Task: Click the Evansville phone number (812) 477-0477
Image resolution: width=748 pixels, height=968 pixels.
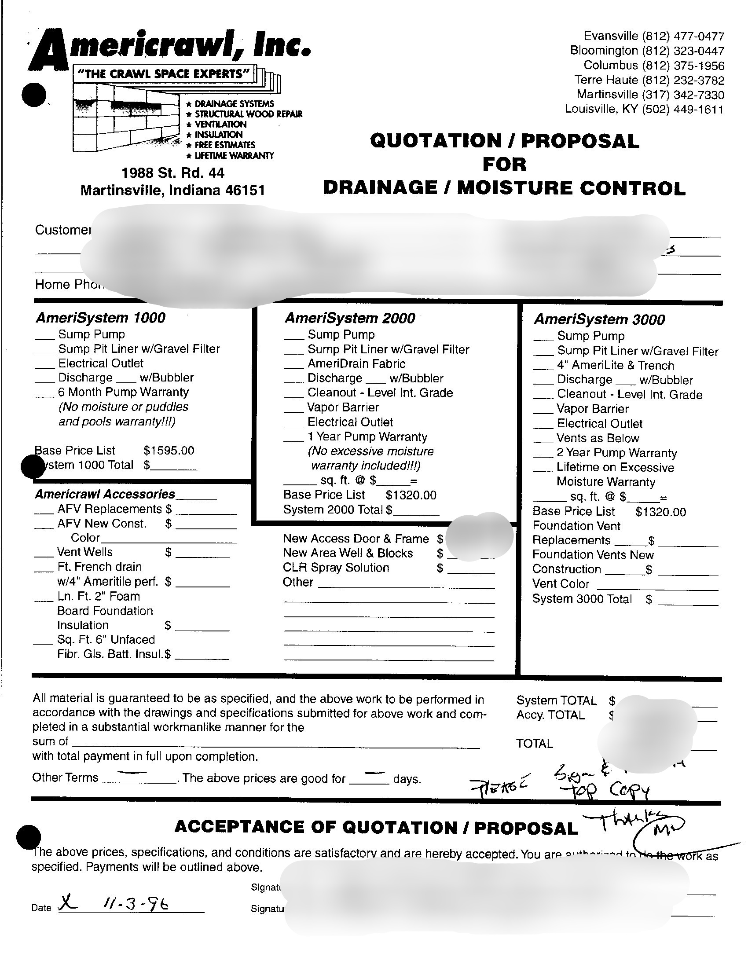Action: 683,36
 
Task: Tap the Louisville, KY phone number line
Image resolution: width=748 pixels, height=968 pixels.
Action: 644,109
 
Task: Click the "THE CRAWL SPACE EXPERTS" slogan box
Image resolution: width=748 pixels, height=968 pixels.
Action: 164,73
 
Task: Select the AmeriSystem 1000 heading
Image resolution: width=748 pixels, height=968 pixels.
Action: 101,318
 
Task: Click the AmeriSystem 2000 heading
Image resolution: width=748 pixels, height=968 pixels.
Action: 350,318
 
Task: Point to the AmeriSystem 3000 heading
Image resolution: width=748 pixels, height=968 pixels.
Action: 599,319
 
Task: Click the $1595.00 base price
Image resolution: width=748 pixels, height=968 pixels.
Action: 169,451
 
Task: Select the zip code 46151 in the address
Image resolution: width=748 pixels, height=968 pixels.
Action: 245,191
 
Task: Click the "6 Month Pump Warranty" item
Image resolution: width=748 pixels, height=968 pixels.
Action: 123,392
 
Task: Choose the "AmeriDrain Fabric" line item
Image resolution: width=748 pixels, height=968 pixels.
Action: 356,364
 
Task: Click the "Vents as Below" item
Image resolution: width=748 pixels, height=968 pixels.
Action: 598,438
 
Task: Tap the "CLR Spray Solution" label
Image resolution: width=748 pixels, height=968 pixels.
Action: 336,568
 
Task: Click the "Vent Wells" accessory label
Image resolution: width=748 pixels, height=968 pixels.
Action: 84,552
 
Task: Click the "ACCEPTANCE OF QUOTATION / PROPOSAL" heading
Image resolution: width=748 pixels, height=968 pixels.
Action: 376,827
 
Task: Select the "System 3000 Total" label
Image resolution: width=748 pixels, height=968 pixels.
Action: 582,599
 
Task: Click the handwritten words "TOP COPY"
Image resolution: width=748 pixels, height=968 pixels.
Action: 605,791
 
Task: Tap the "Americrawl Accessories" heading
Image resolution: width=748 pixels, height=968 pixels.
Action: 105,494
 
